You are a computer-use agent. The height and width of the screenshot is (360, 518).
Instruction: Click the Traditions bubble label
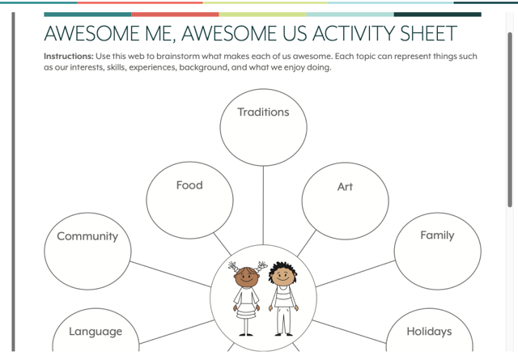click(263, 112)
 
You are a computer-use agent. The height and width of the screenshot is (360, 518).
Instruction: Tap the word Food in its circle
click(189, 185)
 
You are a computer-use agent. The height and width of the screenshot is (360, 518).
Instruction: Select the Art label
click(345, 187)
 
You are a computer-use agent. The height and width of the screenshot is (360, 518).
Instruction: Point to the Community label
click(87, 236)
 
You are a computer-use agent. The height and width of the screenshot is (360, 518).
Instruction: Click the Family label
click(437, 235)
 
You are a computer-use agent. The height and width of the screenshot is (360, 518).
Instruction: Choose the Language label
click(96, 331)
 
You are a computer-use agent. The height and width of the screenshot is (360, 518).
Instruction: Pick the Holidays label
click(429, 331)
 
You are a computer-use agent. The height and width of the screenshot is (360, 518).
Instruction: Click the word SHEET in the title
click(428, 33)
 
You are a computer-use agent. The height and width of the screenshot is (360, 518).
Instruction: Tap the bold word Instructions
click(69, 56)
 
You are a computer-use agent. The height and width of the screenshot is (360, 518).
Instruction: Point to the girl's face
click(246, 277)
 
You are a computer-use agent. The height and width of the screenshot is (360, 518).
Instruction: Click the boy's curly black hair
click(282, 269)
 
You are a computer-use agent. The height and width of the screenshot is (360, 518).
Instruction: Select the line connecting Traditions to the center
click(263, 205)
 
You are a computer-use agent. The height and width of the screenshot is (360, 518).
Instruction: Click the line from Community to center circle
click(171, 274)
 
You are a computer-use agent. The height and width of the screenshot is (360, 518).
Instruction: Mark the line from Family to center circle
click(355, 273)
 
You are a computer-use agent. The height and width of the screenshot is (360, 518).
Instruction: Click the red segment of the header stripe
click(175, 15)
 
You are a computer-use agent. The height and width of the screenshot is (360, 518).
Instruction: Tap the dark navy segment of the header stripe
click(437, 15)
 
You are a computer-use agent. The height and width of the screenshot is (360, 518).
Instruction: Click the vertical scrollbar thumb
click(510, 120)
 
